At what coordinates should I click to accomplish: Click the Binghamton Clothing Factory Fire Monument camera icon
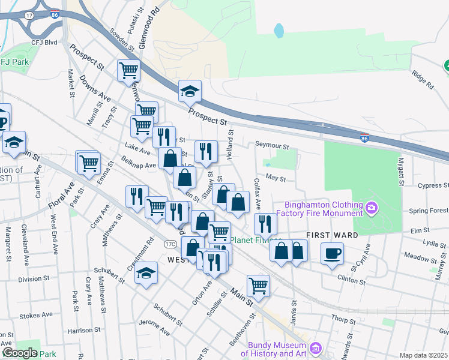point(372,208)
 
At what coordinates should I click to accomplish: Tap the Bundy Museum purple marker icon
point(316,348)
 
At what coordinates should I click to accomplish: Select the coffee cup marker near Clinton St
point(332,253)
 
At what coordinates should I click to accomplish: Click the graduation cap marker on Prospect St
point(190,91)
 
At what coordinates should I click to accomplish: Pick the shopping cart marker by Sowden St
point(128,70)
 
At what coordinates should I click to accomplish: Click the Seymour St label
point(272,145)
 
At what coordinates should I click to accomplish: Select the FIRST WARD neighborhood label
point(332,235)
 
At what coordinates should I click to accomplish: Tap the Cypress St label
point(433,185)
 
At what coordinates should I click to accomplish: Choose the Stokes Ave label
point(37,315)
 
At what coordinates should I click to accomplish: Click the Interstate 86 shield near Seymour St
point(365,139)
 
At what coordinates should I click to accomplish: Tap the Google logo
point(20,353)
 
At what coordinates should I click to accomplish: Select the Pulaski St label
point(130,22)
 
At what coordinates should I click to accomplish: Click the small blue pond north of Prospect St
point(278,30)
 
